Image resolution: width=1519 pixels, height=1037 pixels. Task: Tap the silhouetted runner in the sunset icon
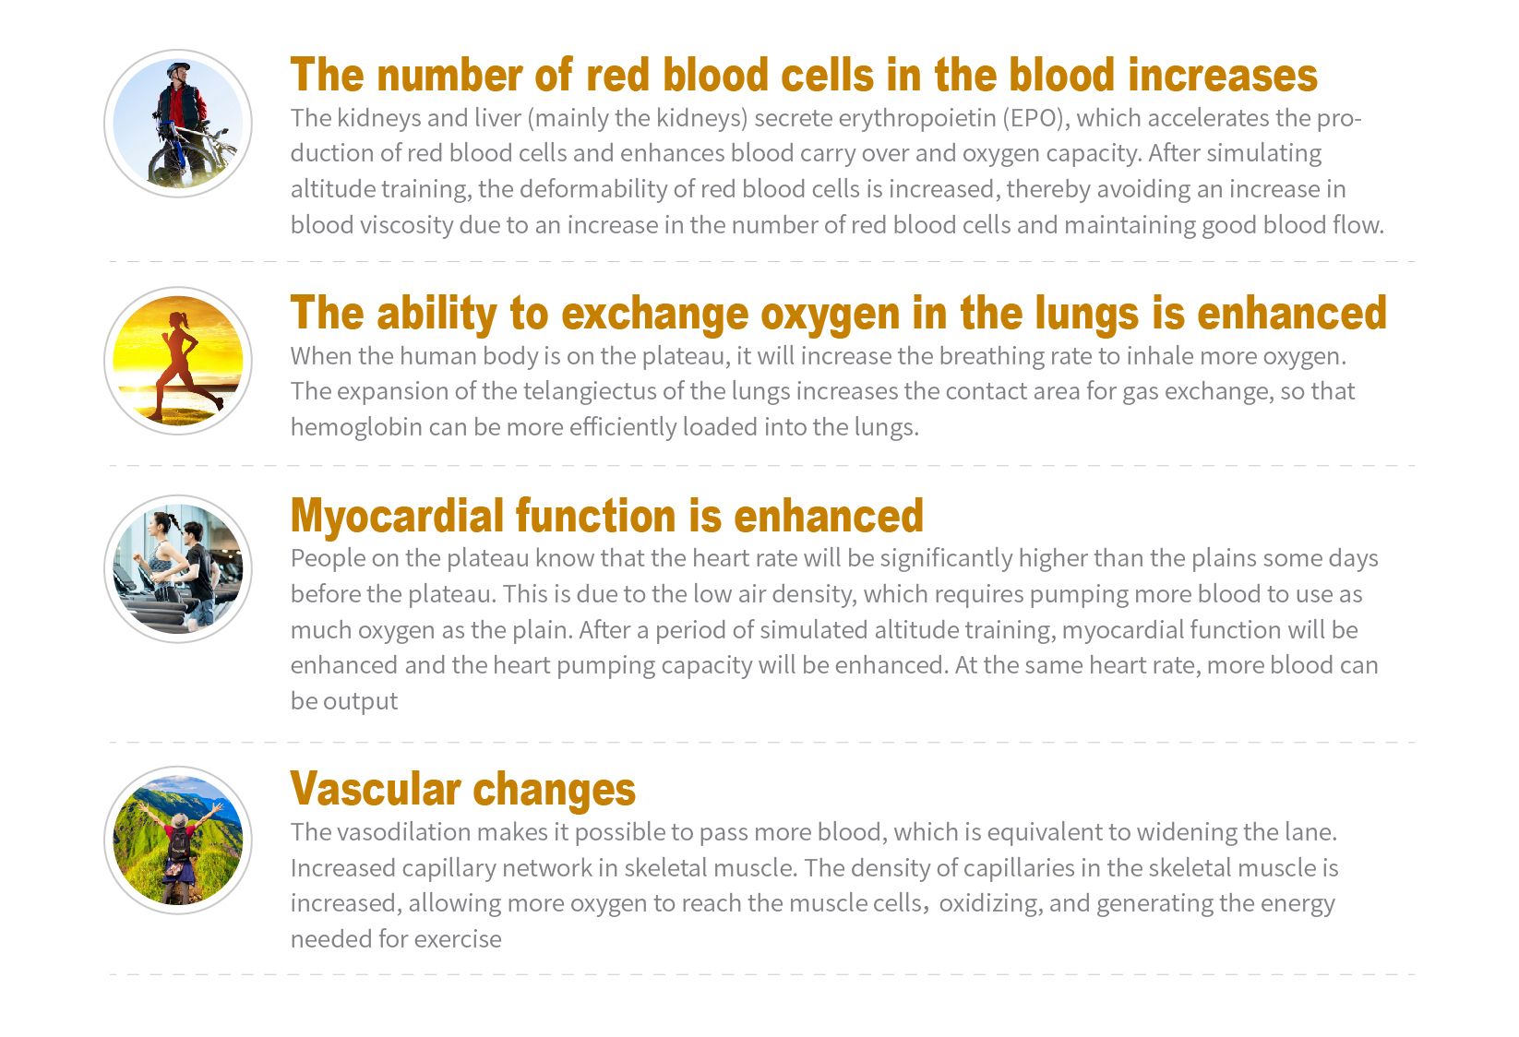[x=182, y=366]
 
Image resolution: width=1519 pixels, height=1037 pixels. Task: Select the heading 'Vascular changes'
[x=462, y=789]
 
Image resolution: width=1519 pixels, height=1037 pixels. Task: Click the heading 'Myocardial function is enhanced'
[x=607, y=516]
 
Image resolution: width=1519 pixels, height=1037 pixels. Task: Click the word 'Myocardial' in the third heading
[x=397, y=516]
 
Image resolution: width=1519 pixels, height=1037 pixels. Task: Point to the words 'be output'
[x=344, y=701]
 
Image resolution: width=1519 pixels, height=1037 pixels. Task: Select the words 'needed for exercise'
[x=396, y=938]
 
